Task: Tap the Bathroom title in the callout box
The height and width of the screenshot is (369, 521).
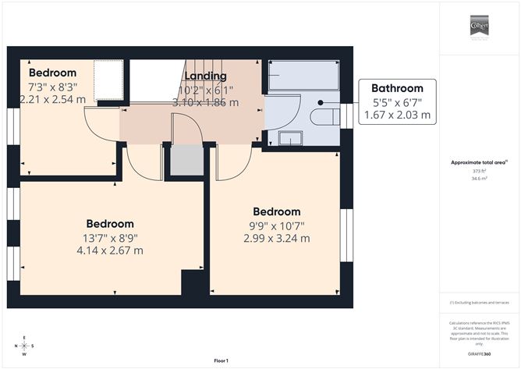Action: tap(397, 88)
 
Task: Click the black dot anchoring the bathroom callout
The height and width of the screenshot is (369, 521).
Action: tap(321, 102)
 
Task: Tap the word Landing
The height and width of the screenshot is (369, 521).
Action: tap(206, 76)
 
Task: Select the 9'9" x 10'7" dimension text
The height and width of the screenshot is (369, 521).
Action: tap(277, 225)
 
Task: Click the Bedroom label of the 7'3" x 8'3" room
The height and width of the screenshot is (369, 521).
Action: tap(52, 73)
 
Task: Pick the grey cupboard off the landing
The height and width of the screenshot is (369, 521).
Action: tap(186, 160)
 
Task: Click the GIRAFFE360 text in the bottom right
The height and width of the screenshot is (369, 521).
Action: tap(479, 354)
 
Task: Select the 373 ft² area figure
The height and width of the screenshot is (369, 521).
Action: tap(479, 171)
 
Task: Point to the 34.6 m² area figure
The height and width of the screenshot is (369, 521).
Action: tap(479, 179)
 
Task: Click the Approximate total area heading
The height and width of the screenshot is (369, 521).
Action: tap(479, 162)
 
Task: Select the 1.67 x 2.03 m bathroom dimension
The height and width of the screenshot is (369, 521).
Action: tap(397, 115)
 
